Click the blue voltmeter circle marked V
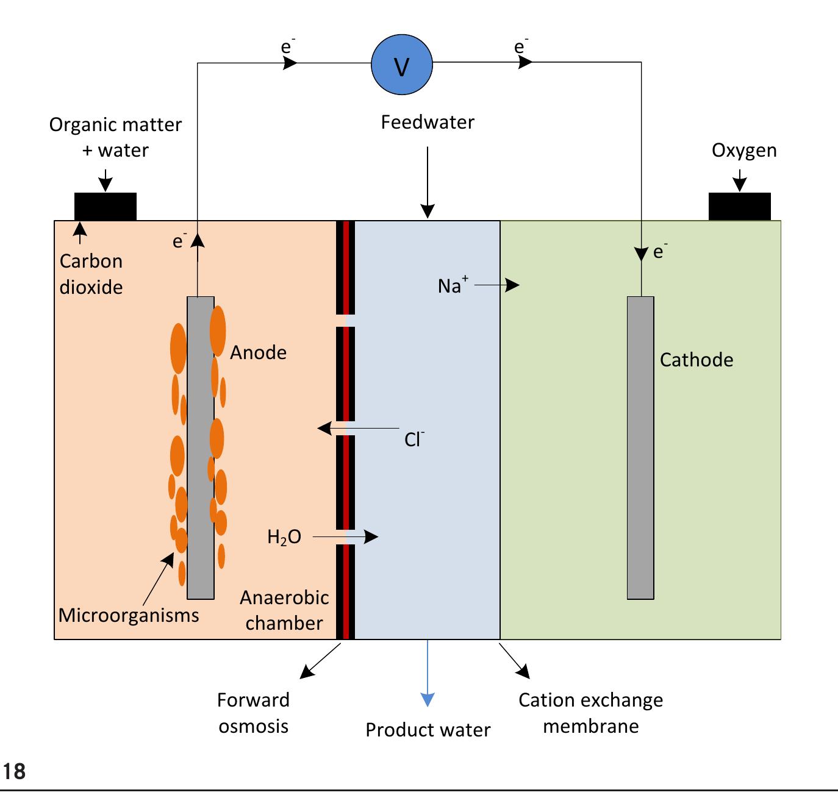[401, 65]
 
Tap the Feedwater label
[428, 123]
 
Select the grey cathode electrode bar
[640, 448]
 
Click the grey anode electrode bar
[201, 448]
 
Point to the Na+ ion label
[453, 285]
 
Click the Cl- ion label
[414, 439]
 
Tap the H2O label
[284, 537]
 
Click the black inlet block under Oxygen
[739, 206]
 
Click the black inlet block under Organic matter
[105, 206]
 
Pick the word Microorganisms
[129, 615]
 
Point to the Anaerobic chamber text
[284, 610]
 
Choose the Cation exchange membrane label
[590, 713]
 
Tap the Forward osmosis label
[253, 713]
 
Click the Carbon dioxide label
[91, 274]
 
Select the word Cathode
[696, 360]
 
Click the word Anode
[258, 352]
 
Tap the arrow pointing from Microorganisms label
[157, 582]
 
